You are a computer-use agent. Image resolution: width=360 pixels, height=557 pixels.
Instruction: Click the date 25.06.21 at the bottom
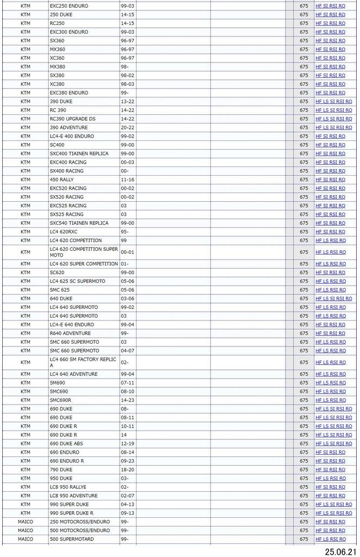click(341, 551)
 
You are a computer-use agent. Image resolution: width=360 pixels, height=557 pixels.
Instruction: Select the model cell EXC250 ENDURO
click(69, 5)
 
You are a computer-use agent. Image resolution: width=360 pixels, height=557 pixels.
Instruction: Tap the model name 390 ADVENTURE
click(69, 127)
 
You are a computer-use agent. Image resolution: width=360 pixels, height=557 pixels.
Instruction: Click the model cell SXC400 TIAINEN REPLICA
click(79, 153)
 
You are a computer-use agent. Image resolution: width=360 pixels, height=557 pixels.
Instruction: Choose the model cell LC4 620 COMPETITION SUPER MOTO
click(84, 252)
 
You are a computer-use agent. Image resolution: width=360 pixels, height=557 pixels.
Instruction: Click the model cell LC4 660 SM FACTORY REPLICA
click(83, 362)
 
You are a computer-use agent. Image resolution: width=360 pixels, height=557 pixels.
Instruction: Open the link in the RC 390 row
click(333, 110)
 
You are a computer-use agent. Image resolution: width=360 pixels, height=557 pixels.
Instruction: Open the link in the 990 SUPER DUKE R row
click(333, 513)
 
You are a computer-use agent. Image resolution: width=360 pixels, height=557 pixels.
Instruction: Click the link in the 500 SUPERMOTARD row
click(330, 539)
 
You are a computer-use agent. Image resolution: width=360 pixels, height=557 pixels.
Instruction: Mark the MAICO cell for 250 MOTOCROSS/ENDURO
click(25, 522)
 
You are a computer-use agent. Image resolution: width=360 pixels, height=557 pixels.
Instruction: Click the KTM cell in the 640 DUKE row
click(25, 299)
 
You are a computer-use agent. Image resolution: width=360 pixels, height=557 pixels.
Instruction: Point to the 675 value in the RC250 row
click(303, 23)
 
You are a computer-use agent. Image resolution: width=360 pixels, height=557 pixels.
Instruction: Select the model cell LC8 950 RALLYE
click(68, 487)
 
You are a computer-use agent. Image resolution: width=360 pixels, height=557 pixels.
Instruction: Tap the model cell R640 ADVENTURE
click(70, 333)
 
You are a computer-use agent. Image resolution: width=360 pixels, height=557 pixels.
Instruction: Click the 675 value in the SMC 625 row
click(303, 290)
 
